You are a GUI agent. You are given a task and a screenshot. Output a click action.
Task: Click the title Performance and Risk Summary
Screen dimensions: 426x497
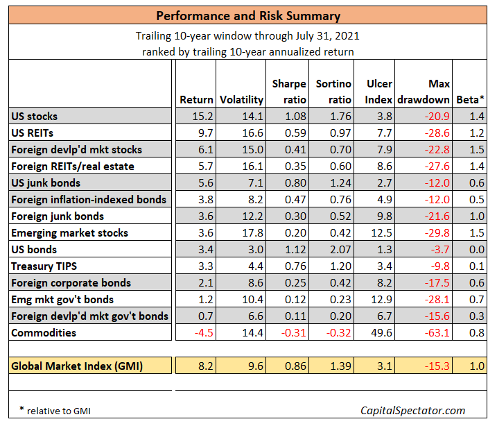pos(248,15)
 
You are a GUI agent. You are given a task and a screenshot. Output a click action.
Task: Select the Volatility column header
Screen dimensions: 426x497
pos(241,99)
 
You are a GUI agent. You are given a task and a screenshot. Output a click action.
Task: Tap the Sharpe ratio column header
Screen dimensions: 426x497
pos(288,92)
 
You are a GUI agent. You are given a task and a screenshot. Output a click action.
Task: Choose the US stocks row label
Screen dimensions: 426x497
pos(35,117)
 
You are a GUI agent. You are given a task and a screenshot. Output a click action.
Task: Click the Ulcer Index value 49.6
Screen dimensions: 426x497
pos(381,333)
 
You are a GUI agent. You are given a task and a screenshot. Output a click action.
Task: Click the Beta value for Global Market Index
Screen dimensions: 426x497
pos(476,366)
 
